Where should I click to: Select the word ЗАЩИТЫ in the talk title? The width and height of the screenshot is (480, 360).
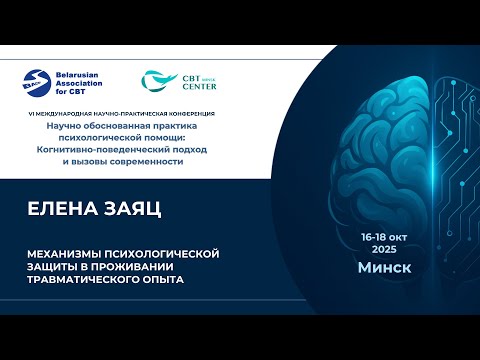[50, 265]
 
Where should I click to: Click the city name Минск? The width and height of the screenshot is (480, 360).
[386, 268]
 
